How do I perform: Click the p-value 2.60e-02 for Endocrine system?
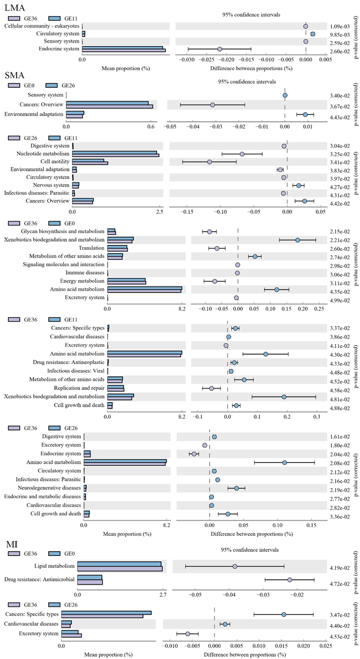coord(342,51)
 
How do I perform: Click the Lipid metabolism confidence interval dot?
coord(235,566)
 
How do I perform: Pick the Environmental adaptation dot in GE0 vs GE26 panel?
coord(305,114)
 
